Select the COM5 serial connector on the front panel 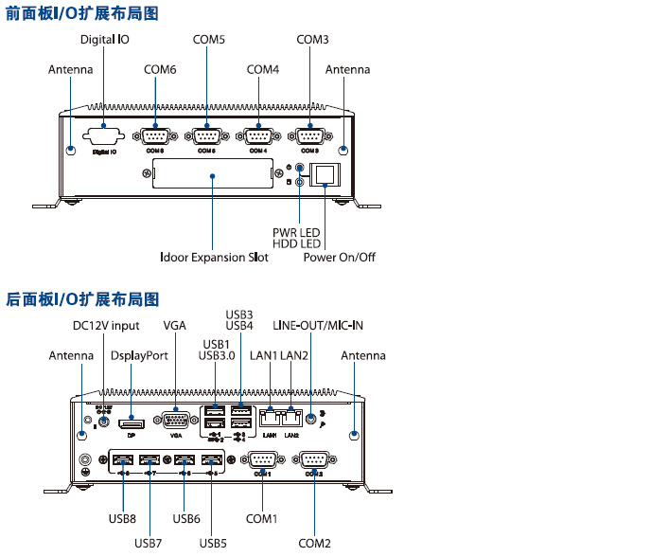[207, 135]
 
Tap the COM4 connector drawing [257, 135]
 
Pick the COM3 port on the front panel [309, 135]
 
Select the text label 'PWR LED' [296, 230]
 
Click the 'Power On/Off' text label [339, 258]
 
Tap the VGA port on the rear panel [176, 422]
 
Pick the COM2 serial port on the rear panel [314, 461]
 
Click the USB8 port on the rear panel [122, 461]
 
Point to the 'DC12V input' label [106, 326]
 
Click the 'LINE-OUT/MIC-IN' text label [318, 326]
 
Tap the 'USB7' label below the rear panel [149, 543]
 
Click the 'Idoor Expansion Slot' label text [214, 258]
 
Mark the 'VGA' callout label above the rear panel [175, 326]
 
